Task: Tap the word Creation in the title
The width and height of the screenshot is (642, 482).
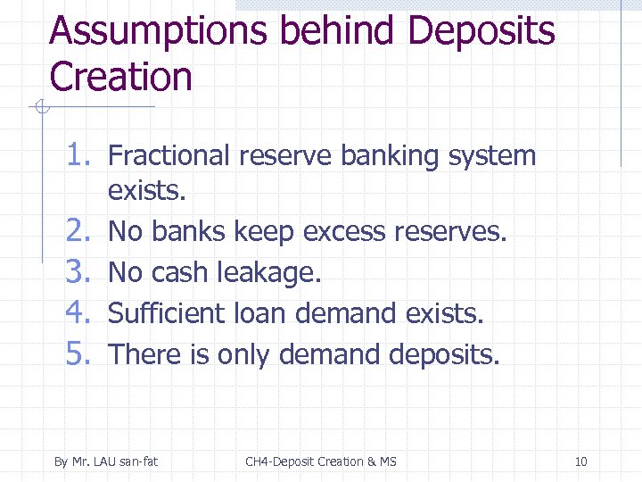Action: tap(121, 77)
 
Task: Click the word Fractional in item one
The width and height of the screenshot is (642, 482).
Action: tap(169, 156)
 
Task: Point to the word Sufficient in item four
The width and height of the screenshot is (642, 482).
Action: tap(167, 313)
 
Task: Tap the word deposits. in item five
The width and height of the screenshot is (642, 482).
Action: tap(445, 354)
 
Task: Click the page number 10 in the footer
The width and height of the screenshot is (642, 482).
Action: tap(581, 461)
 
